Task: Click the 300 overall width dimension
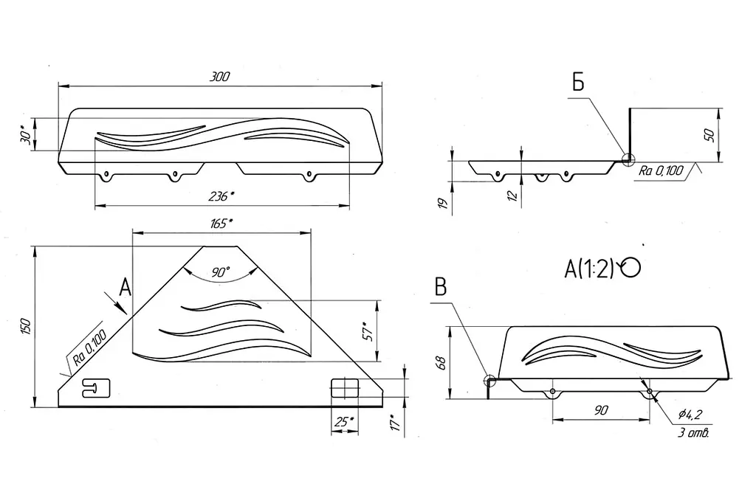(x=220, y=77)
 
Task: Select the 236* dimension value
(x=221, y=196)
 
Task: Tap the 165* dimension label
(x=221, y=224)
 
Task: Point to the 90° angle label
(x=220, y=272)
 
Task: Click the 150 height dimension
(x=26, y=327)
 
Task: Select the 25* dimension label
(x=345, y=422)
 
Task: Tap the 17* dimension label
(x=395, y=423)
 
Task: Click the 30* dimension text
(x=27, y=135)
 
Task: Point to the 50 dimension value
(x=709, y=135)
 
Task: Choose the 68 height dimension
(x=440, y=362)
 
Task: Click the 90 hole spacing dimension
(x=601, y=410)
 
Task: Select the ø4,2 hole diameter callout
(x=690, y=414)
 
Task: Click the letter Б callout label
(x=578, y=83)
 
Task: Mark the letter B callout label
(x=441, y=287)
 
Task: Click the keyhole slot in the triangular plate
(x=97, y=388)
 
